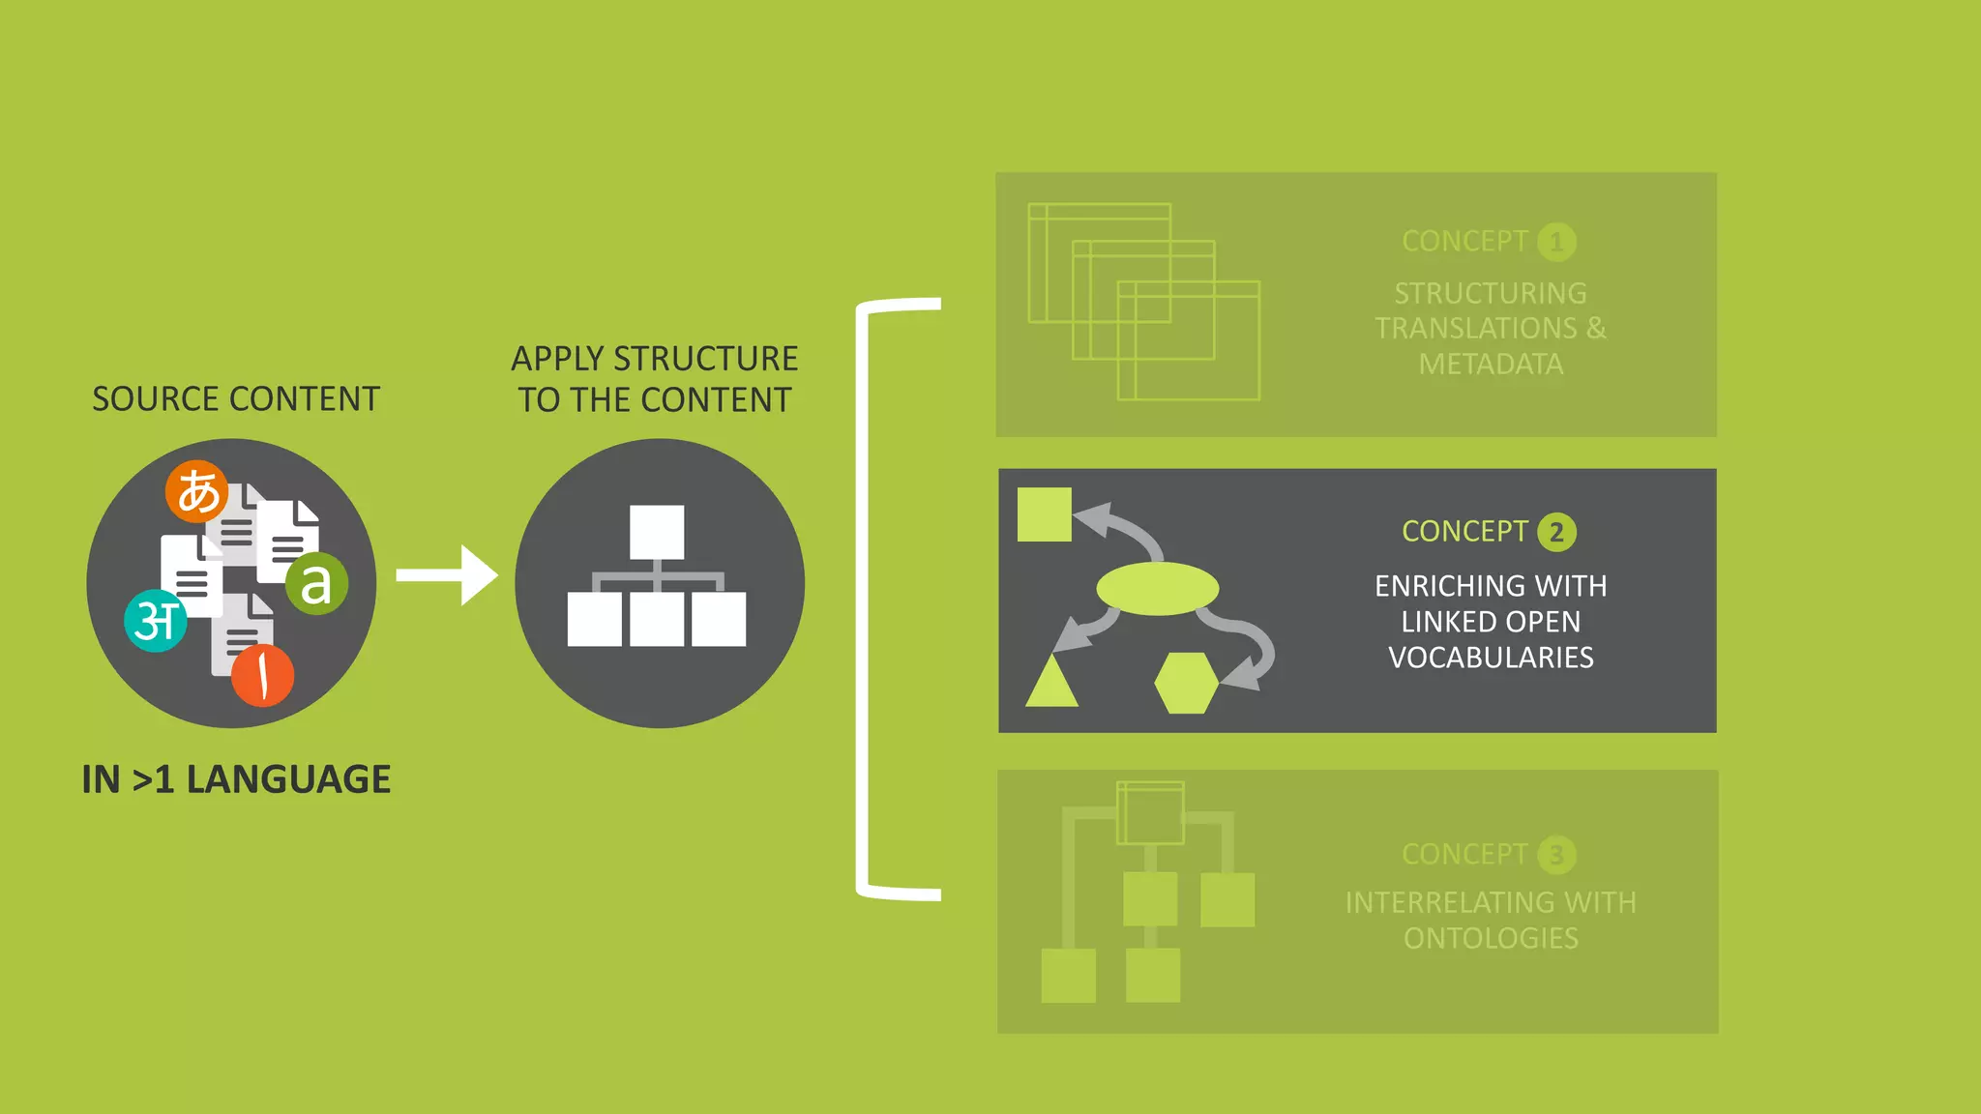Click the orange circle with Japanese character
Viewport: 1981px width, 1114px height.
point(197,491)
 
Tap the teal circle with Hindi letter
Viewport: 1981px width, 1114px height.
point(156,621)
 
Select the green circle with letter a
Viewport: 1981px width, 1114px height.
point(316,583)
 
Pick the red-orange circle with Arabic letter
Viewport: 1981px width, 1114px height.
point(262,675)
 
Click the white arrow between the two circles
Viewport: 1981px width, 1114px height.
point(447,575)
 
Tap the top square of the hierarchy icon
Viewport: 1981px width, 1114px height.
point(657,532)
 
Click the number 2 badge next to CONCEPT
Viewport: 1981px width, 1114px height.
point(1556,532)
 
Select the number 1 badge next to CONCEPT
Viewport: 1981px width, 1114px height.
point(1556,242)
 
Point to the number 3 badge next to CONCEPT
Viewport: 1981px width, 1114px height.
point(1556,855)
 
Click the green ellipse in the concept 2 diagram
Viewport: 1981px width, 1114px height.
point(1157,588)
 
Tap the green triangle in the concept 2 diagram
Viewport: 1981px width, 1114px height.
point(1051,684)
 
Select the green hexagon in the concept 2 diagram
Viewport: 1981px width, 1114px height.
point(1186,683)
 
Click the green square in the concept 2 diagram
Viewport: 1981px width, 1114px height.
point(1045,514)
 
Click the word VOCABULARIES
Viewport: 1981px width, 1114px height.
point(1491,658)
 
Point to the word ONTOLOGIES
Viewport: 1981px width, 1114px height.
point(1491,938)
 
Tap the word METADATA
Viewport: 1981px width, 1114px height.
point(1491,365)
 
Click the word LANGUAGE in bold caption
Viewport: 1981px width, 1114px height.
point(288,779)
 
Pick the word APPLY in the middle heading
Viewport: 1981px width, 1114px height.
point(557,359)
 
